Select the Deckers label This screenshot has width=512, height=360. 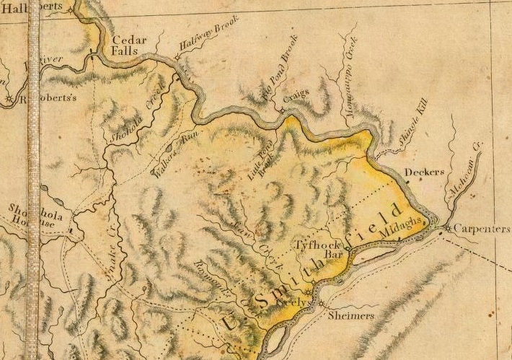coord(422,172)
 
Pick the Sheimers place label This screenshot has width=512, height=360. coord(354,316)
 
